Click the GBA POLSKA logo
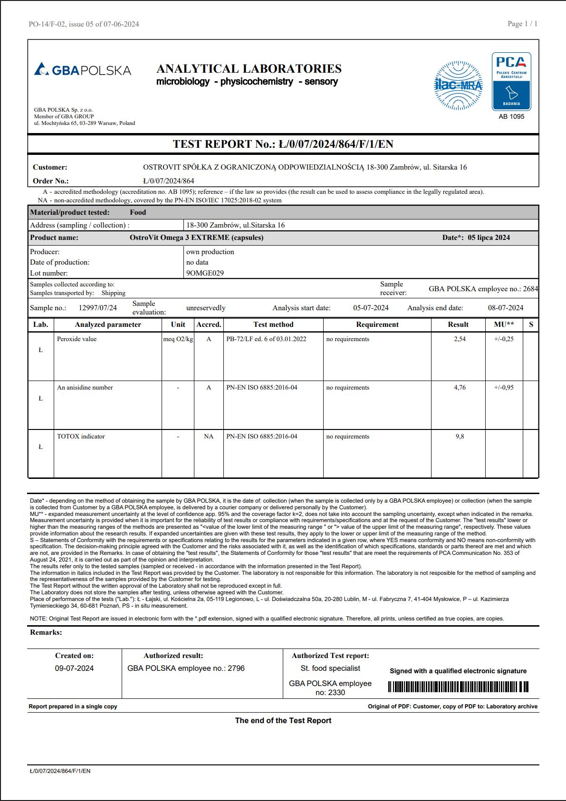tap(83, 70)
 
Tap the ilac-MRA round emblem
tap(458, 86)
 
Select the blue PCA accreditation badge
tap(511, 81)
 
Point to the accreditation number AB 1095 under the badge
tap(511, 116)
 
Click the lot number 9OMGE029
tap(205, 273)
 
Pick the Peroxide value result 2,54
tap(460, 339)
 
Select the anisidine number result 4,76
tap(460, 388)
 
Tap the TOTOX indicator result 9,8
tap(460, 437)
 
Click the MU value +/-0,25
tap(504, 339)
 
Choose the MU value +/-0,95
tap(504, 388)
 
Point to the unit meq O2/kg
tap(178, 339)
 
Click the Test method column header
tap(273, 324)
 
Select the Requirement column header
tap(377, 324)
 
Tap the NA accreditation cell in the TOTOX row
tap(209, 437)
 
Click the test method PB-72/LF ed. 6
tap(266, 339)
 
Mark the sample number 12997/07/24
tap(97, 308)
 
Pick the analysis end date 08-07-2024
tap(506, 308)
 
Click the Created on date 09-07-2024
tap(74, 668)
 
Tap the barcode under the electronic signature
tap(458, 687)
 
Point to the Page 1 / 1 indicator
tap(522, 24)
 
